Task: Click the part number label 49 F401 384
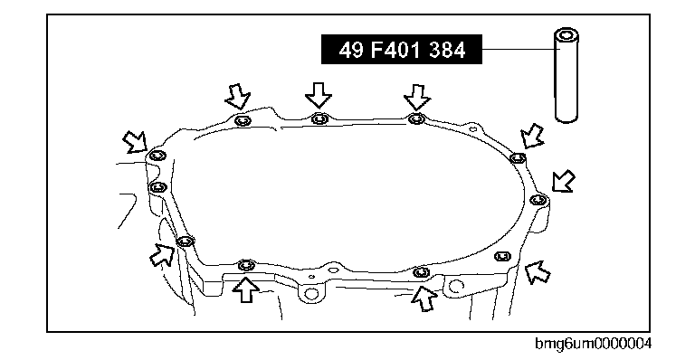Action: pos(402,50)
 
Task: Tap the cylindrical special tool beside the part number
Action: pos(566,75)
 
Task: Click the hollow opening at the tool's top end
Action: pos(566,35)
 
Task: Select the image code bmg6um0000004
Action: pos(593,344)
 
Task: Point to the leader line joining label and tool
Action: pos(519,49)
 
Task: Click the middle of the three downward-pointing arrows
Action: pos(319,95)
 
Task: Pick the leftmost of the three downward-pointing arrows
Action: pos(238,96)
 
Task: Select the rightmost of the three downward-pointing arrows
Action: pos(416,97)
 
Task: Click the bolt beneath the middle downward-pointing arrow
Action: pos(319,119)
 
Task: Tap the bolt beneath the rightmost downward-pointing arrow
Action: pos(415,118)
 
